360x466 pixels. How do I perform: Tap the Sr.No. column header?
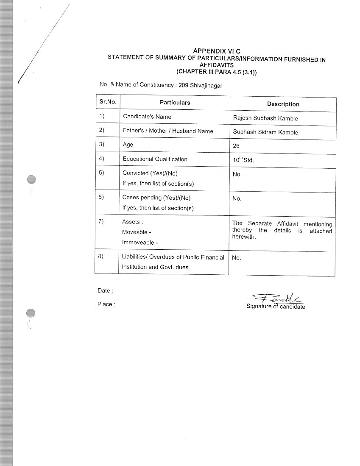(108, 102)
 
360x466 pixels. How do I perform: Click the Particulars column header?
(175, 103)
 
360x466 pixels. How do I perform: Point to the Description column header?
(283, 104)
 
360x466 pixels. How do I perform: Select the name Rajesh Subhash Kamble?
(265, 118)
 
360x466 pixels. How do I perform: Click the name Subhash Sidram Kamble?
(265, 132)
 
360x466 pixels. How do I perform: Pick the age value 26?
(236, 146)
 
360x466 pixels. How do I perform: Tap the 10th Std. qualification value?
(243, 160)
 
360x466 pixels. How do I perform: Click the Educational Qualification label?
(155, 159)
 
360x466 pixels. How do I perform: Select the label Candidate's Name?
(147, 116)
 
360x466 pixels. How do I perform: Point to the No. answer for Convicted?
(237, 174)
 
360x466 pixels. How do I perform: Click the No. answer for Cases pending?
(237, 198)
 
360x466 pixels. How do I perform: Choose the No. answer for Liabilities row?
(236, 257)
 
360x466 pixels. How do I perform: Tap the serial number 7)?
(101, 221)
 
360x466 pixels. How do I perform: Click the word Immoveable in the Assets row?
(136, 243)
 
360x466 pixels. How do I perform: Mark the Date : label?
(104, 290)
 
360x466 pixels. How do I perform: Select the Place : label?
(106, 304)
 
